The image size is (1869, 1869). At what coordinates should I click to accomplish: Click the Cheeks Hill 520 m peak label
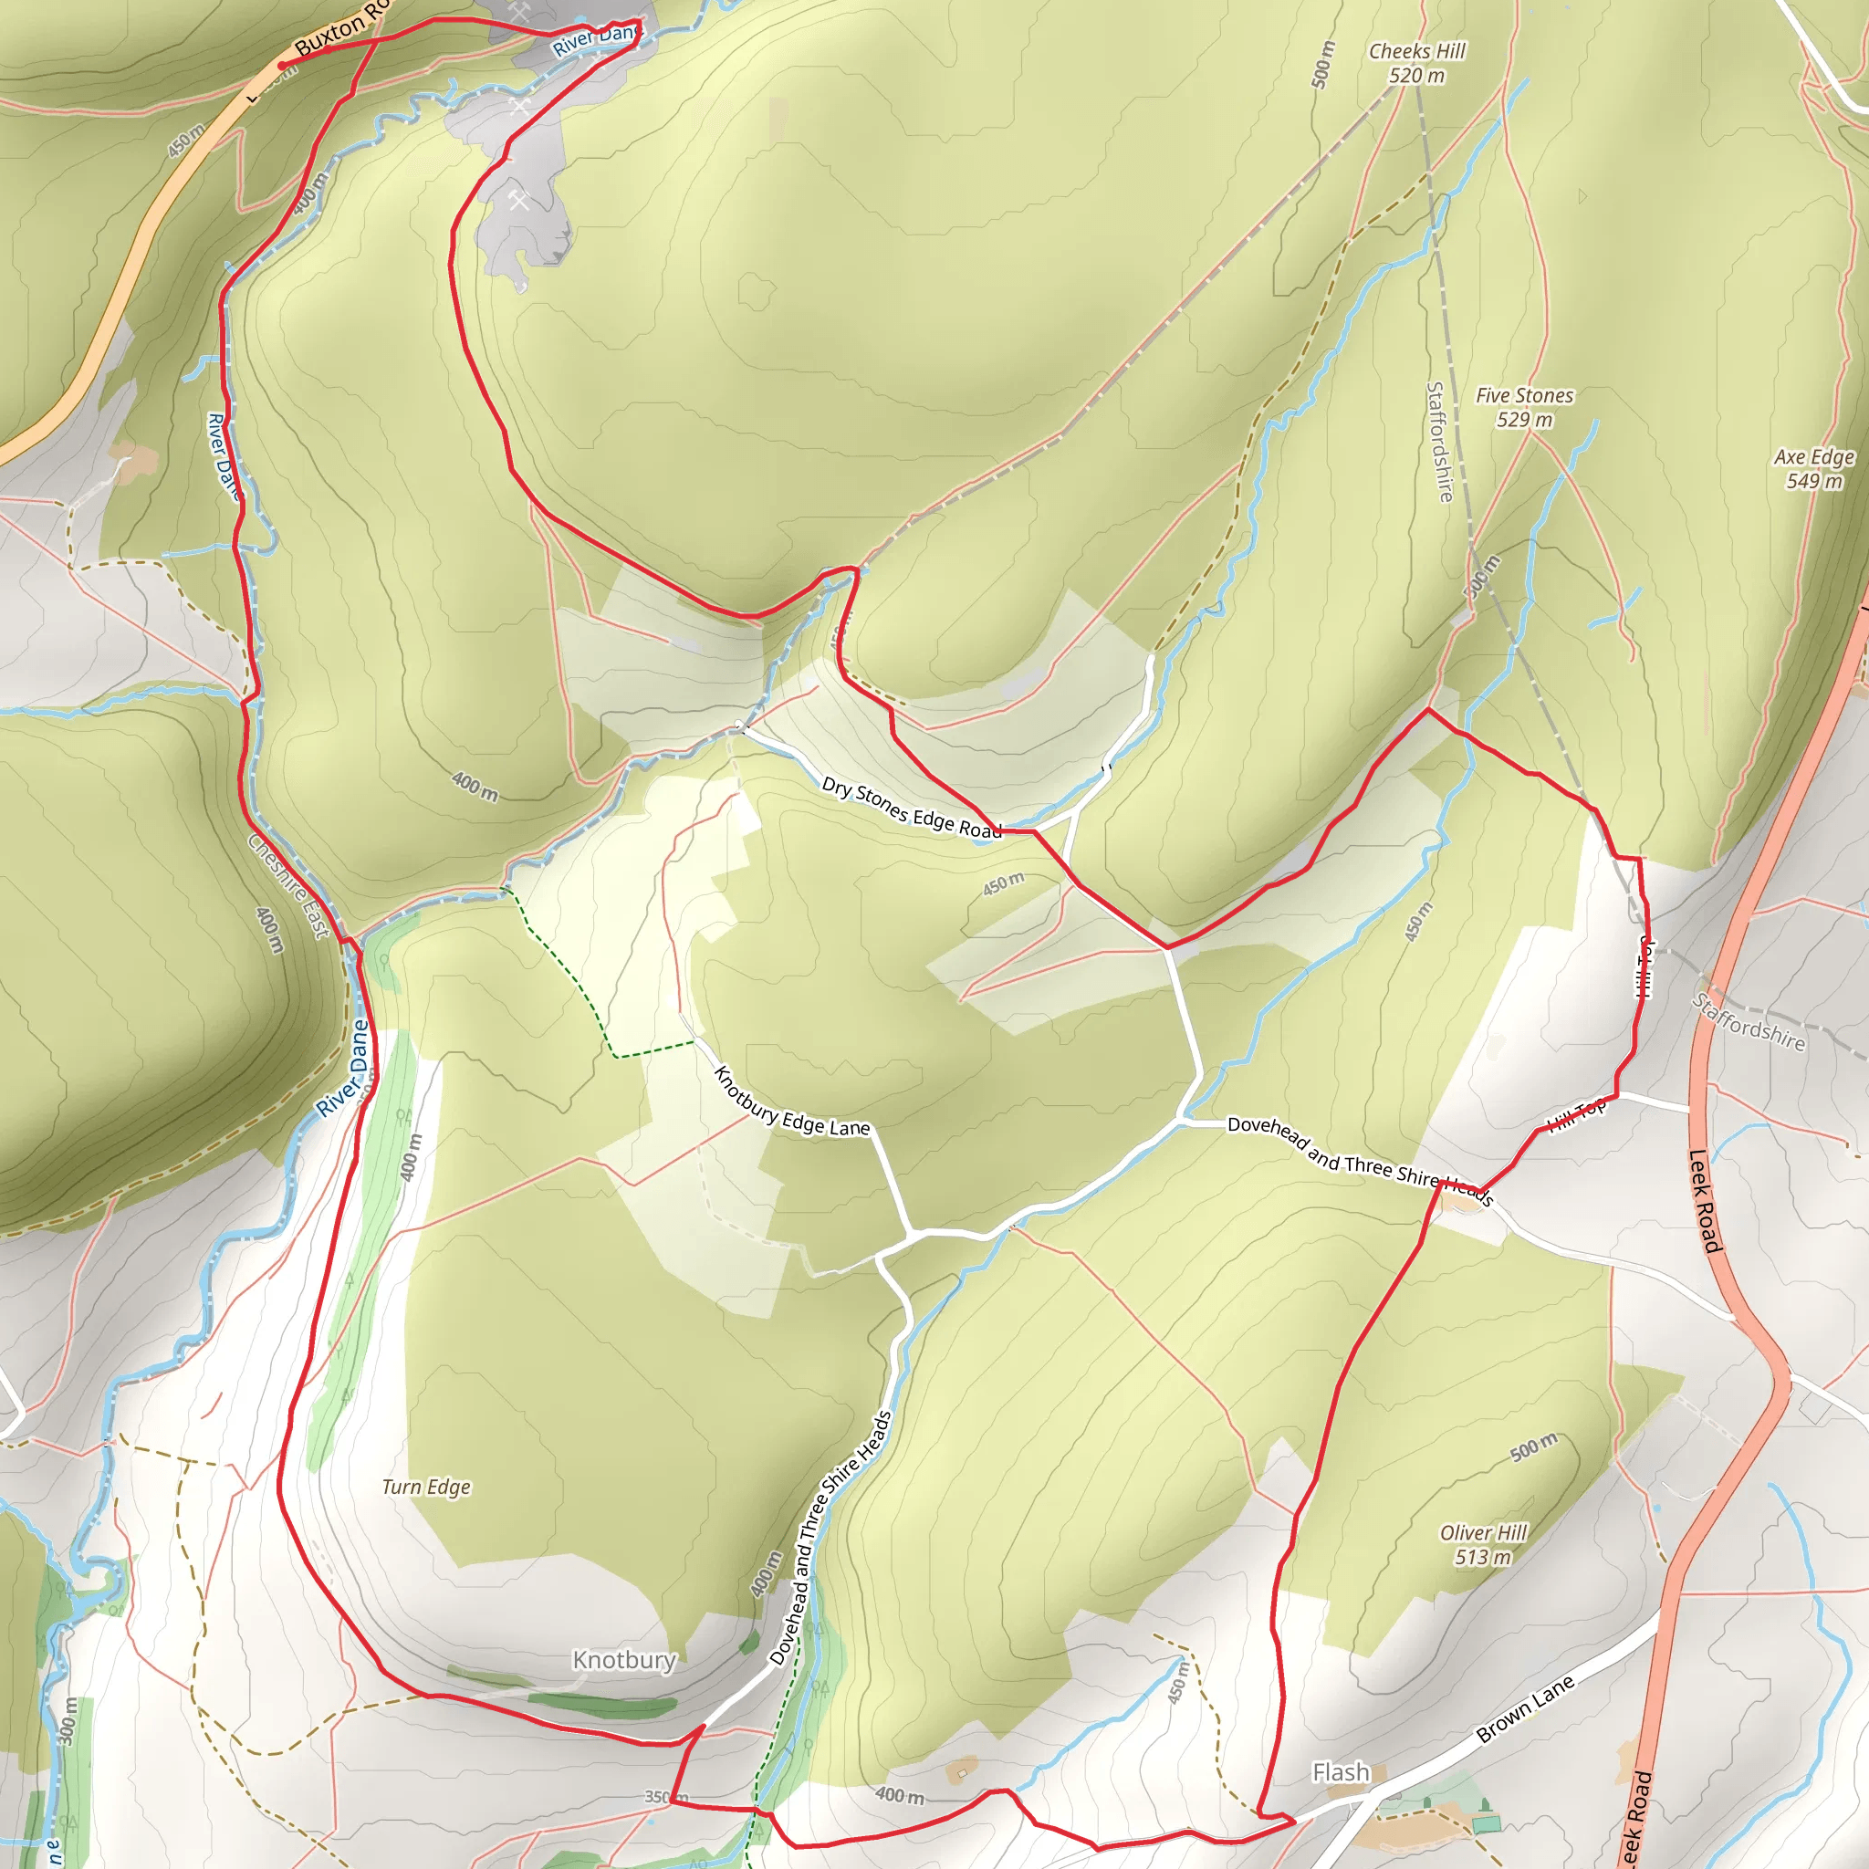(x=1416, y=64)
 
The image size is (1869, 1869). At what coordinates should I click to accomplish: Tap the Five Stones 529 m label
(x=1524, y=407)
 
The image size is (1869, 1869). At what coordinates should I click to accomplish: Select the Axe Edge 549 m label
(x=1814, y=469)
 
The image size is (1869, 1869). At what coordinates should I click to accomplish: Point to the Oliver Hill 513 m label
(x=1483, y=1545)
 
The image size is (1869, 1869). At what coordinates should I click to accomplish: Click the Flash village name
(x=1341, y=1772)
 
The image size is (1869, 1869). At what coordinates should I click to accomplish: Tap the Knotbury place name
(x=624, y=1660)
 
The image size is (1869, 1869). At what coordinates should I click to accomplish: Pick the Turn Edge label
(x=425, y=1487)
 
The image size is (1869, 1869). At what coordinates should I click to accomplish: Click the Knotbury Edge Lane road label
(x=791, y=1102)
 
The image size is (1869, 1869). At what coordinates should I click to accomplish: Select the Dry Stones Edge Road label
(x=912, y=808)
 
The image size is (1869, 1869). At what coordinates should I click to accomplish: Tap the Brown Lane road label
(x=1526, y=1709)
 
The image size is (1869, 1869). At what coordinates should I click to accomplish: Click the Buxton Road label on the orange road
(x=339, y=30)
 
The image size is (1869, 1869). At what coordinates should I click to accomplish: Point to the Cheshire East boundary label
(x=288, y=886)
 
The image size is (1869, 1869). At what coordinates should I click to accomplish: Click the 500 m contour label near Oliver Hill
(x=1534, y=1447)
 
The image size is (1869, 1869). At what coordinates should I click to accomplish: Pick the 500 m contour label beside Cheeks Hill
(x=1322, y=65)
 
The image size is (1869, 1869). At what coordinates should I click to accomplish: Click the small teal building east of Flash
(x=1487, y=1824)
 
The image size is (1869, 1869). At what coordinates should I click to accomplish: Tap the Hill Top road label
(x=1577, y=1115)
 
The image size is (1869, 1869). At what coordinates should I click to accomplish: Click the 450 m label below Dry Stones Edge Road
(x=1003, y=883)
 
